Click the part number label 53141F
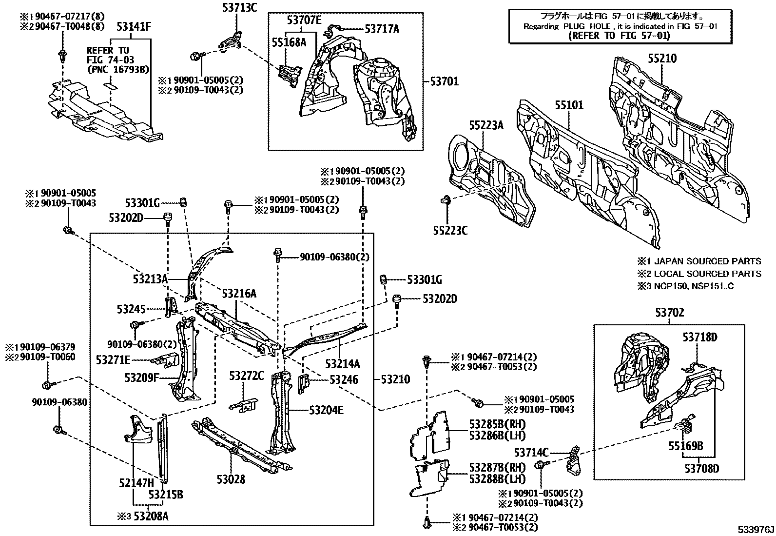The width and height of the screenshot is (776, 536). coord(134,27)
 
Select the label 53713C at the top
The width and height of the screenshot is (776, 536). coord(240,8)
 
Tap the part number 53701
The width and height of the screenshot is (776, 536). coord(445,81)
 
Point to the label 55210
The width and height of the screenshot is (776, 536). coord(662,58)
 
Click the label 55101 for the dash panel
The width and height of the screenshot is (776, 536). coord(569,105)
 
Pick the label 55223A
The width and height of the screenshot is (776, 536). coord(486,125)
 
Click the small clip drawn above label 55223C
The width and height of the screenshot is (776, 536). coord(446,200)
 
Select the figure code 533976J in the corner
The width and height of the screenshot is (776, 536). coord(756,530)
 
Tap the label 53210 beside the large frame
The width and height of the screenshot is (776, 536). coord(395,379)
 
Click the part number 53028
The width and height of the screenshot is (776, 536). coord(231,479)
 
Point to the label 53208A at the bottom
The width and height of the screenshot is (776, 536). coord(151,516)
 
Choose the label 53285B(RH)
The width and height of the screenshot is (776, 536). coord(498,424)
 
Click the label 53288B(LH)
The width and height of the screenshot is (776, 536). coord(498,479)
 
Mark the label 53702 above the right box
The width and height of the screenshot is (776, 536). coord(670,313)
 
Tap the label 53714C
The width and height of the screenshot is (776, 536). coord(531,453)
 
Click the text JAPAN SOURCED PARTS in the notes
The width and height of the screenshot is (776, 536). coord(708,261)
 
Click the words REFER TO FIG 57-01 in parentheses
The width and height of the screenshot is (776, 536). coord(619,36)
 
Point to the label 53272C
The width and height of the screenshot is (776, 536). coord(247,376)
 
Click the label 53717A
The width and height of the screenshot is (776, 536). coord(382,29)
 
